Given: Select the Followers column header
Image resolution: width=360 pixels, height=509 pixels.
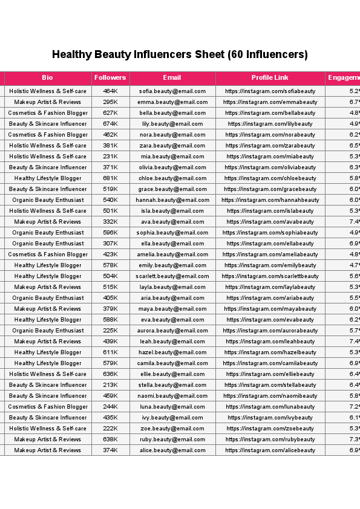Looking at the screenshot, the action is pos(110,78).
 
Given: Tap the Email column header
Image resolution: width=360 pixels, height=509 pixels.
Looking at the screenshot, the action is pos(172,78).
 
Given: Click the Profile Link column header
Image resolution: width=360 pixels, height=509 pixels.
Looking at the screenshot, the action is pos(270,78).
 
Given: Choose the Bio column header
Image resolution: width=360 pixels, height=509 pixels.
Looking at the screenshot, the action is pos(48,78).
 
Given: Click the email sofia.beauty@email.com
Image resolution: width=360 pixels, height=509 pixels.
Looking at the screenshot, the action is pos(172,91).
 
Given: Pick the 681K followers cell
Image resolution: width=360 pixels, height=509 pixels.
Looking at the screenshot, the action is pos(110,178).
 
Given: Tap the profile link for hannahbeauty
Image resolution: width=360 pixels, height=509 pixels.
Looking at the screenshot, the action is pos(270,200).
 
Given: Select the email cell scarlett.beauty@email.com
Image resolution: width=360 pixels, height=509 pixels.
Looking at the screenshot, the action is pos(172,276).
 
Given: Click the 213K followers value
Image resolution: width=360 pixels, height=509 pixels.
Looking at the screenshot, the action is pos(110,385).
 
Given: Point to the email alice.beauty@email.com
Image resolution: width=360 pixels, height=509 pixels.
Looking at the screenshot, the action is pos(172,450).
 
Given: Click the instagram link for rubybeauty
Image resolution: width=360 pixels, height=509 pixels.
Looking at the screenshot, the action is pos(270,439).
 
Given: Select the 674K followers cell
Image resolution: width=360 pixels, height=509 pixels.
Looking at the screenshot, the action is pos(110,124).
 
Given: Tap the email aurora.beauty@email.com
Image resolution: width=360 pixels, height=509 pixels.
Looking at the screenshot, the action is pos(172,331).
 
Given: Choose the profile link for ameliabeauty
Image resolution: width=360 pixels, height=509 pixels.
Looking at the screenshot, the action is pos(270,254).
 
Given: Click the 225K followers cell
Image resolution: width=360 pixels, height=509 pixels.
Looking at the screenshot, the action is pos(110,331).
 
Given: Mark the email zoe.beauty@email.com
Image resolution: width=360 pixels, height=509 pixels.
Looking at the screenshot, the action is pos(172,429).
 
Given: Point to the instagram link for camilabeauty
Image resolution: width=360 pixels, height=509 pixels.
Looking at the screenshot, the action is pos(270,363).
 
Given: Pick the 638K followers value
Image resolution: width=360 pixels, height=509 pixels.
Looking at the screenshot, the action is pos(110,439).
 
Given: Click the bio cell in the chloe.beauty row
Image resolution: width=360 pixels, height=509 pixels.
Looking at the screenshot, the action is pos(48,178).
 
